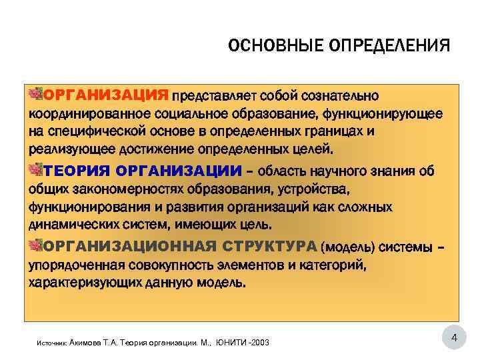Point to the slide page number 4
point(454,339)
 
